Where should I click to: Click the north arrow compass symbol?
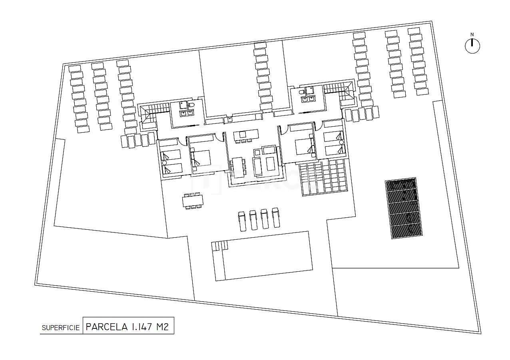coord(472,46)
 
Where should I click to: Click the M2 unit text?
coord(162,327)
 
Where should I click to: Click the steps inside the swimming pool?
coord(219,245)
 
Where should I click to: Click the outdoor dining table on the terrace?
coord(192,201)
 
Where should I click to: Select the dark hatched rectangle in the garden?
coord(404,209)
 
